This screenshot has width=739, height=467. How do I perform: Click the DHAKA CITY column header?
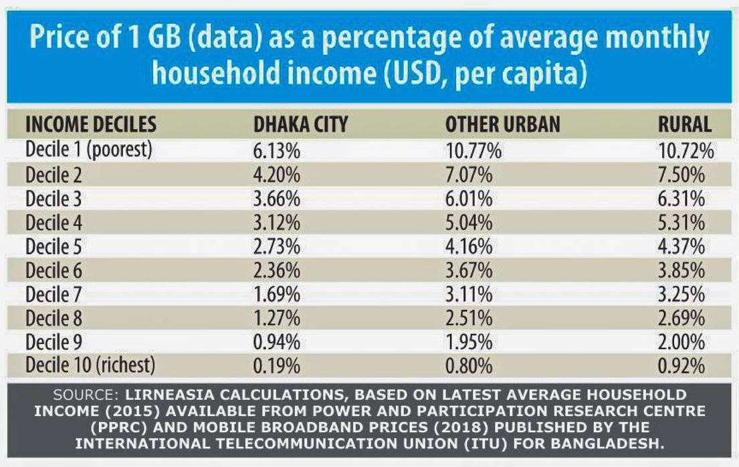click(x=300, y=125)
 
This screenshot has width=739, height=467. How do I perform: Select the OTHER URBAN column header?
click(x=503, y=125)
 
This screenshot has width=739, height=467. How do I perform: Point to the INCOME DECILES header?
click(x=91, y=125)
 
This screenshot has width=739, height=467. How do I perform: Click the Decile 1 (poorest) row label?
click(x=89, y=150)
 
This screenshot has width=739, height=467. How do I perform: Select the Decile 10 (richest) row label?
click(x=90, y=365)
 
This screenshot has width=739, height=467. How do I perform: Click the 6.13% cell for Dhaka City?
click(x=277, y=151)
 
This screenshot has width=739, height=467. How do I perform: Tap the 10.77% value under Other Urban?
click(x=473, y=151)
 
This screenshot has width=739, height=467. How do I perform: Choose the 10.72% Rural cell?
click(x=686, y=151)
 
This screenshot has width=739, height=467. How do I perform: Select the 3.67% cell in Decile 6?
click(x=469, y=270)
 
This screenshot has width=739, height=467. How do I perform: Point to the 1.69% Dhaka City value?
click(x=277, y=294)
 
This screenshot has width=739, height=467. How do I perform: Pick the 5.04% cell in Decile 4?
click(x=469, y=223)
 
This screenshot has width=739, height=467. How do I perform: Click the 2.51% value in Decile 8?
click(x=469, y=318)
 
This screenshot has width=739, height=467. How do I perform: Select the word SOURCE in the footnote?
click(x=84, y=394)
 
